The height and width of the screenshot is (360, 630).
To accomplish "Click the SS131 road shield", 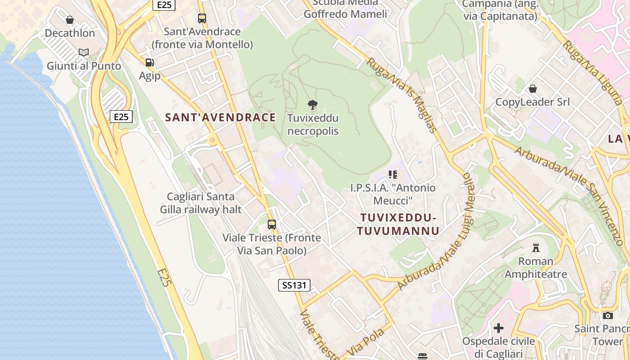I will pos(294,285).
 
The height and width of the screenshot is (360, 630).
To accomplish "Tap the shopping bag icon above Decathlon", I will pos(70,20).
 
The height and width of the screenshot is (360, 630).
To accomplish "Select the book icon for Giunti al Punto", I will pos(84,53).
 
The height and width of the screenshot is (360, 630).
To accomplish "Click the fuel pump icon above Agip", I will pos(149,63).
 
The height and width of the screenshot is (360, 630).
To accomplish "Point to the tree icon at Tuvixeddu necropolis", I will pos(313,105).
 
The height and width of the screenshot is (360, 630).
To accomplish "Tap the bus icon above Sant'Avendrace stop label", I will pos(202,18).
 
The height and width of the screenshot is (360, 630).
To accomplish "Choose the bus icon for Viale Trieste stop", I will pos(272,224).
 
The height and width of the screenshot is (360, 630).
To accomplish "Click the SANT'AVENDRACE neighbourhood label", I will pos(220,117).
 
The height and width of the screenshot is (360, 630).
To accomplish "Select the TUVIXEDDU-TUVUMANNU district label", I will pos(398,224).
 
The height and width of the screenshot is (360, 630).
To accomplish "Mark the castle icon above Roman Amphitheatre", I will pos(535,247).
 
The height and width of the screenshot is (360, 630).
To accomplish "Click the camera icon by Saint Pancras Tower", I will pos(608,315).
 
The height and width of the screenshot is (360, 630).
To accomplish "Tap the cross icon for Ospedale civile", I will pos(498,328).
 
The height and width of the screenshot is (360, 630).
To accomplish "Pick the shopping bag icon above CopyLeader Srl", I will pos(533,88).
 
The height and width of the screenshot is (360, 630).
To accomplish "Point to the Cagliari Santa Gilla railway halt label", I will pos(201,203).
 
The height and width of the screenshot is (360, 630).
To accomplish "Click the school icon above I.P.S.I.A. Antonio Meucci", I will pos(393,174).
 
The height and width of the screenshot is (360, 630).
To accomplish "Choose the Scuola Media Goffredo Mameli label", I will pos(345,9).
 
